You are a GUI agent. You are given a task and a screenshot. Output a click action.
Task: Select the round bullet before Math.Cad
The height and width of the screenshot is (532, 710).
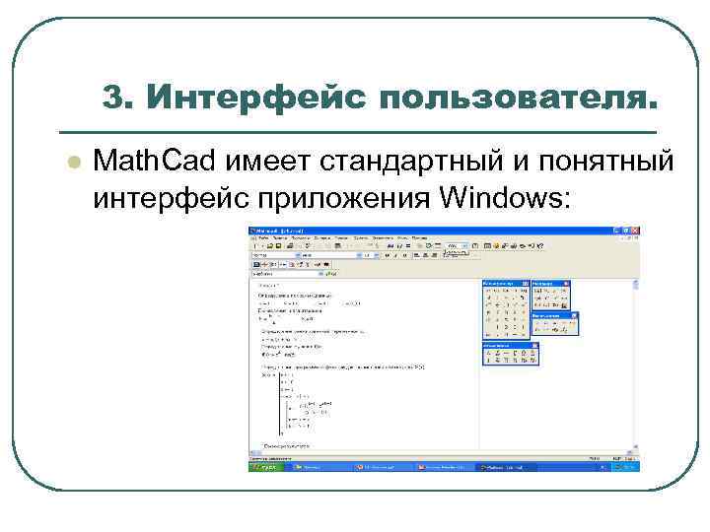(x=69, y=161)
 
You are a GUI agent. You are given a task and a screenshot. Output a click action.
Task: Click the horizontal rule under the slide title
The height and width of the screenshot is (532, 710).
(x=357, y=131)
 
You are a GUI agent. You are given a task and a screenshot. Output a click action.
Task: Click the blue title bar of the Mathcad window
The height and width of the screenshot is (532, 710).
(x=434, y=231)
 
